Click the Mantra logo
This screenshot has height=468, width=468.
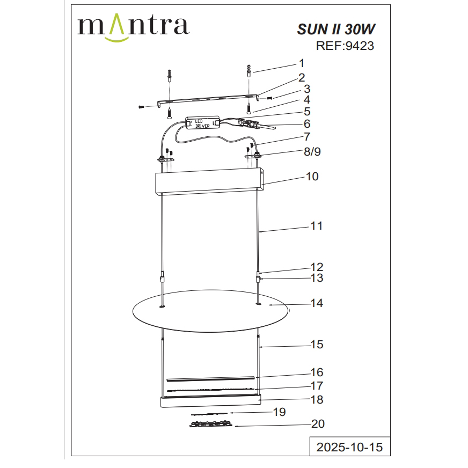(x=133, y=27)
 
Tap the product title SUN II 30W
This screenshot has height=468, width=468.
(x=336, y=29)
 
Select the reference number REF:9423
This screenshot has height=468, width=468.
(x=345, y=46)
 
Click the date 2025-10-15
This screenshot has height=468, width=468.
(x=349, y=447)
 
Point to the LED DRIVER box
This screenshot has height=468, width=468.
(x=203, y=123)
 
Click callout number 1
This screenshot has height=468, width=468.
(x=302, y=63)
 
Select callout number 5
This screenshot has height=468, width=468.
(x=307, y=112)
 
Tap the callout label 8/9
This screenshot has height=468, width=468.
(x=312, y=152)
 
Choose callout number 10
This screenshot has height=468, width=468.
(x=312, y=177)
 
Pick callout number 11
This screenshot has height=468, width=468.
(x=316, y=226)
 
